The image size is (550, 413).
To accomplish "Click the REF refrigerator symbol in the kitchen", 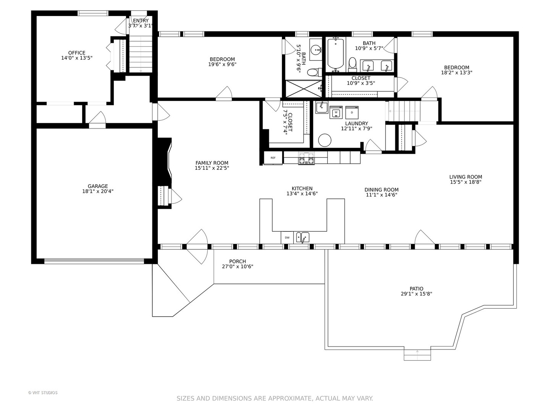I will [273, 158].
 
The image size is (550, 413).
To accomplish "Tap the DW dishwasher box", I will [287, 237].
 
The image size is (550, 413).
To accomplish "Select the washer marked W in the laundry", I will [336, 112].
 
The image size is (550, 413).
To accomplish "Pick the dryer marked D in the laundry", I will [352, 112].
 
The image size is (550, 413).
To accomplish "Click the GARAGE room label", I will [98, 186].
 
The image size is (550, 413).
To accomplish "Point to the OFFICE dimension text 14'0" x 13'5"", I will [77, 58].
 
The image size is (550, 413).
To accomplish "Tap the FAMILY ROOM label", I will [212, 163].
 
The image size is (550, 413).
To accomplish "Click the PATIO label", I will [416, 289].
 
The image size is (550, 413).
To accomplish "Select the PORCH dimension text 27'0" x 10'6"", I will [238, 267].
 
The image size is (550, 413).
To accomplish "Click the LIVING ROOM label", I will [465, 177].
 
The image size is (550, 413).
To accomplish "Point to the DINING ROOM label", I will [381, 190].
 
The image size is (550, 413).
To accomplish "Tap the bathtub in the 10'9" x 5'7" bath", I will [336, 54].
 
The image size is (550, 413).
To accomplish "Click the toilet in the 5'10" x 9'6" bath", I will [314, 72].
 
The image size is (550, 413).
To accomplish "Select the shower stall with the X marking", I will [304, 89].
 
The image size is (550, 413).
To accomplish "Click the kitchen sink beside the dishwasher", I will [303, 237].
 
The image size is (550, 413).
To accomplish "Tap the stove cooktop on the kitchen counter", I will [306, 158].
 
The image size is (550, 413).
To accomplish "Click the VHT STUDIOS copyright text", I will [43, 393].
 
